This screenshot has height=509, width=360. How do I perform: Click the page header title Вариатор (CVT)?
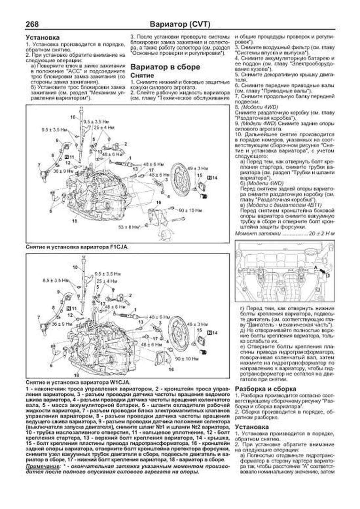pos(180,24)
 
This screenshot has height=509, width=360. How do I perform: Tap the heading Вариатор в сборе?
pos(165,67)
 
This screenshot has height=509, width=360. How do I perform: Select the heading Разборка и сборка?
pos(265,389)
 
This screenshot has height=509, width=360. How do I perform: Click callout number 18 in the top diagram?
pos(75,221)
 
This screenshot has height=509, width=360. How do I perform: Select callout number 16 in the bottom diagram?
pos(171,370)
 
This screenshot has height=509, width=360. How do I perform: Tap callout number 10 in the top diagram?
pos(73,117)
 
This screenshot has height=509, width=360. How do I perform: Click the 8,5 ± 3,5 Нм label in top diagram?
pos(54,130)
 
